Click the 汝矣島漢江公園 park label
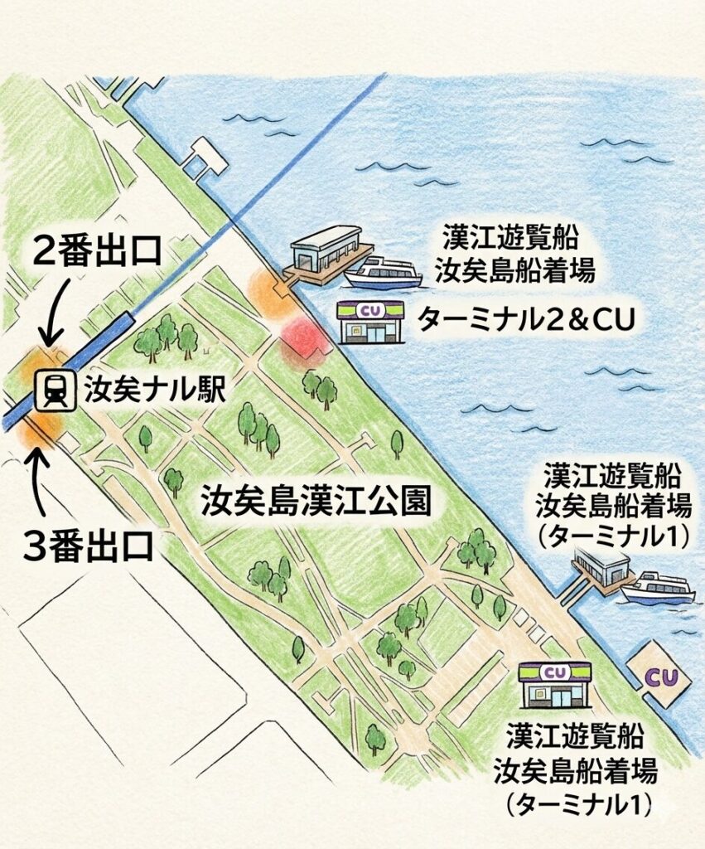coord(315,501)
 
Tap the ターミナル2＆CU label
coord(525,319)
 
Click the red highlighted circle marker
coord(304,342)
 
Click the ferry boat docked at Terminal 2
coord(383,273)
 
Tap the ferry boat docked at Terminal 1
coord(659,587)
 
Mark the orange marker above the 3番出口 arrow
coord(41,426)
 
